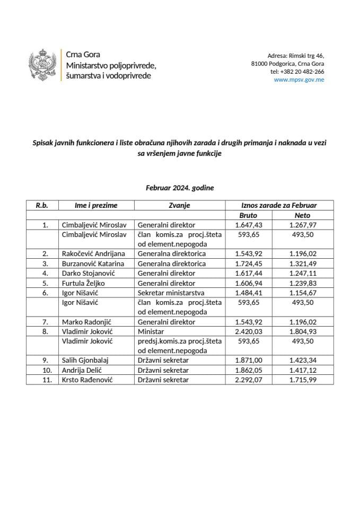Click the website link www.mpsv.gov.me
pos(298,80)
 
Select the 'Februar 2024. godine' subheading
pos(180,188)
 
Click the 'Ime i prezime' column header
pos(96,205)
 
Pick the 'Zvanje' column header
pos(179,205)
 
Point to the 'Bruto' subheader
pos(249,215)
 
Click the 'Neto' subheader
pos(302,215)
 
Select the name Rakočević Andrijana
pos(93,253)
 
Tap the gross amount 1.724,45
pos(249,264)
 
